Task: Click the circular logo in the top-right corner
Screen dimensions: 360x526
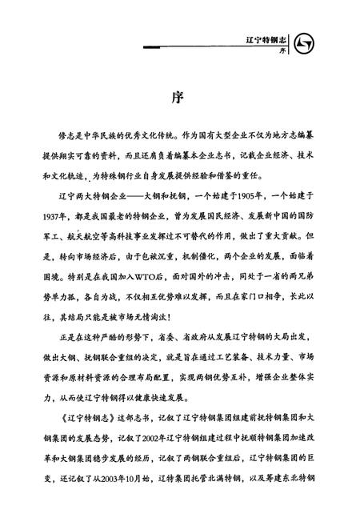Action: pyautogui.click(x=307, y=42)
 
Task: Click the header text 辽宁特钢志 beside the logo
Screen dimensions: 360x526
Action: pyautogui.click(x=270, y=38)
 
